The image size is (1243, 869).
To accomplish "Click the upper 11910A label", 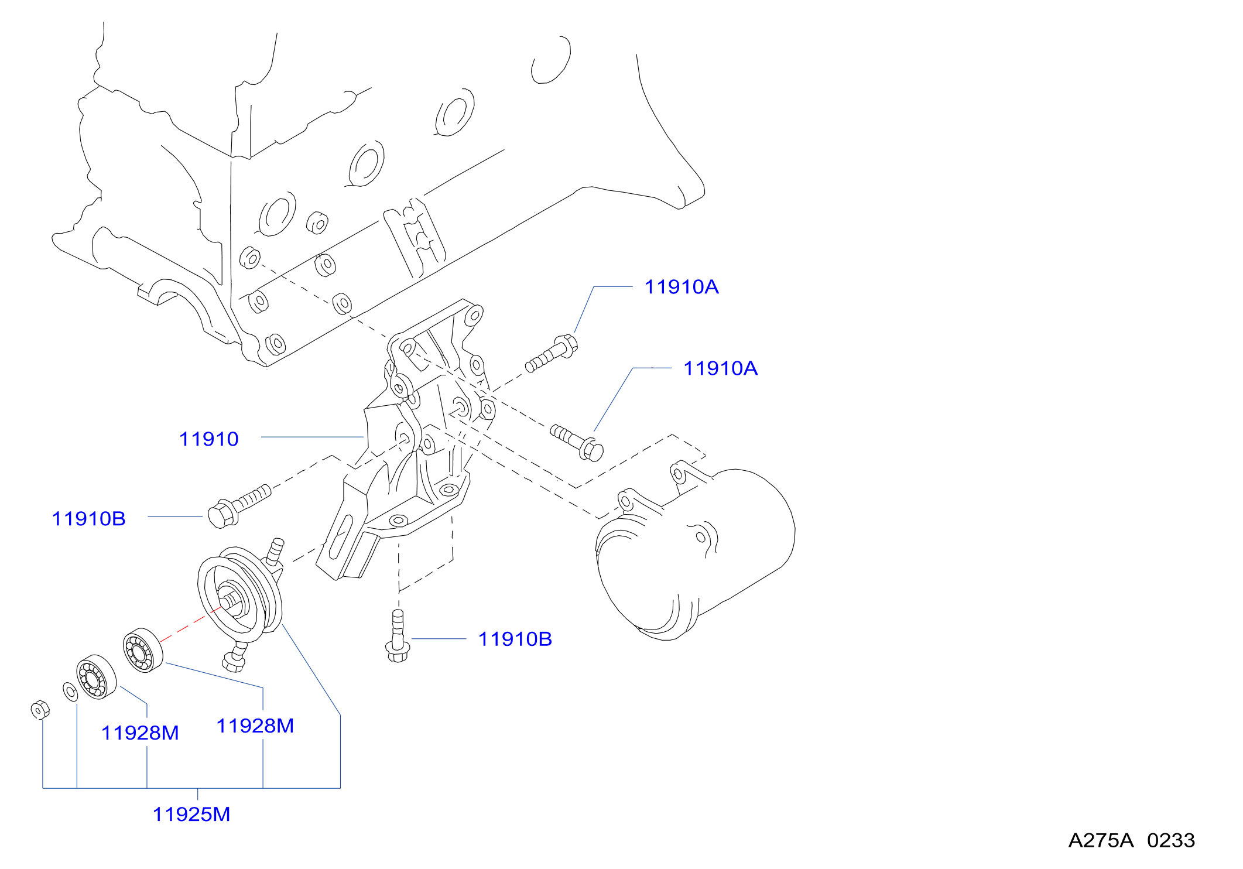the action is pos(681,287).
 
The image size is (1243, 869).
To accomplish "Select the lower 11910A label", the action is pos(720,368).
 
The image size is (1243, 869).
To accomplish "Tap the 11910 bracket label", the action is pos(208,439).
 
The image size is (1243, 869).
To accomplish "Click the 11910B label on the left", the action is pos(88,519).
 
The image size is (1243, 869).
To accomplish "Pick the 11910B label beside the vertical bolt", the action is pos(515,639).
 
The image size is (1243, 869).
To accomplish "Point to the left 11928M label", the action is pos(140,733).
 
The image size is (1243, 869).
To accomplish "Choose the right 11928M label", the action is pos(255,726).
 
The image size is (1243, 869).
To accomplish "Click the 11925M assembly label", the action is pos(191,815).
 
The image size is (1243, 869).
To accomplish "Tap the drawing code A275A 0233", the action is pos(1131,841).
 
